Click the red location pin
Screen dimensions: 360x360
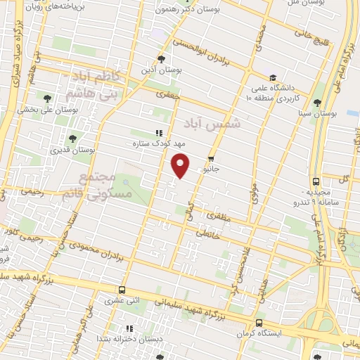(x=181, y=165)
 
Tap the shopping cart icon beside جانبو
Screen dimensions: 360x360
(x=211, y=159)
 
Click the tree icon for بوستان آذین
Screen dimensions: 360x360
(x=162, y=59)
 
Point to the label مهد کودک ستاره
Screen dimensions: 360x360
(x=154, y=143)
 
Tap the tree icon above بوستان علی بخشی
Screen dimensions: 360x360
(x=47, y=99)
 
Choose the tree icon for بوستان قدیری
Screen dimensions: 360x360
(x=72, y=139)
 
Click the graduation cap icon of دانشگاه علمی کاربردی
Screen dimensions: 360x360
(x=272, y=77)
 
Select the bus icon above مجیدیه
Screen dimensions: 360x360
(x=316, y=180)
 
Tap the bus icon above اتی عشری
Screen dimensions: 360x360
(x=122, y=290)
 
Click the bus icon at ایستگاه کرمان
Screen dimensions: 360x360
(x=259, y=323)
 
